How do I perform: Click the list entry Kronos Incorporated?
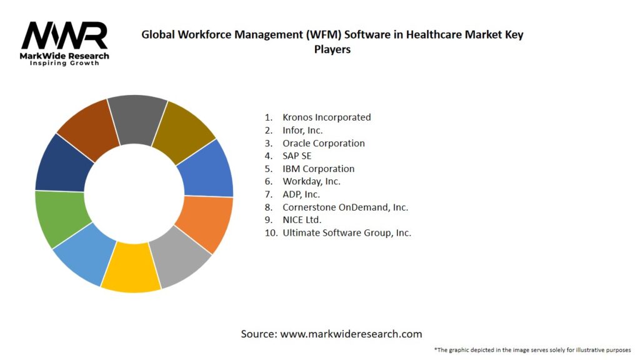tap(326, 117)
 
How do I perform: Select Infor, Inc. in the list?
tap(302, 130)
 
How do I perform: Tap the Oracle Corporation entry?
tap(323, 143)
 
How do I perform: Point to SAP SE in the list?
tap(297, 156)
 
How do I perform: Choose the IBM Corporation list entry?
tap(318, 169)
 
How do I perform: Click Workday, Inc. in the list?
tap(311, 181)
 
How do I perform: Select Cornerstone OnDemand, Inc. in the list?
tap(345, 207)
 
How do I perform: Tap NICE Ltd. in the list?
tap(302, 220)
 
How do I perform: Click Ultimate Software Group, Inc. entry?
tap(347, 232)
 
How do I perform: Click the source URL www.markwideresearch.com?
tap(351, 334)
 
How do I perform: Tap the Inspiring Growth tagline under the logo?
tap(64, 63)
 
